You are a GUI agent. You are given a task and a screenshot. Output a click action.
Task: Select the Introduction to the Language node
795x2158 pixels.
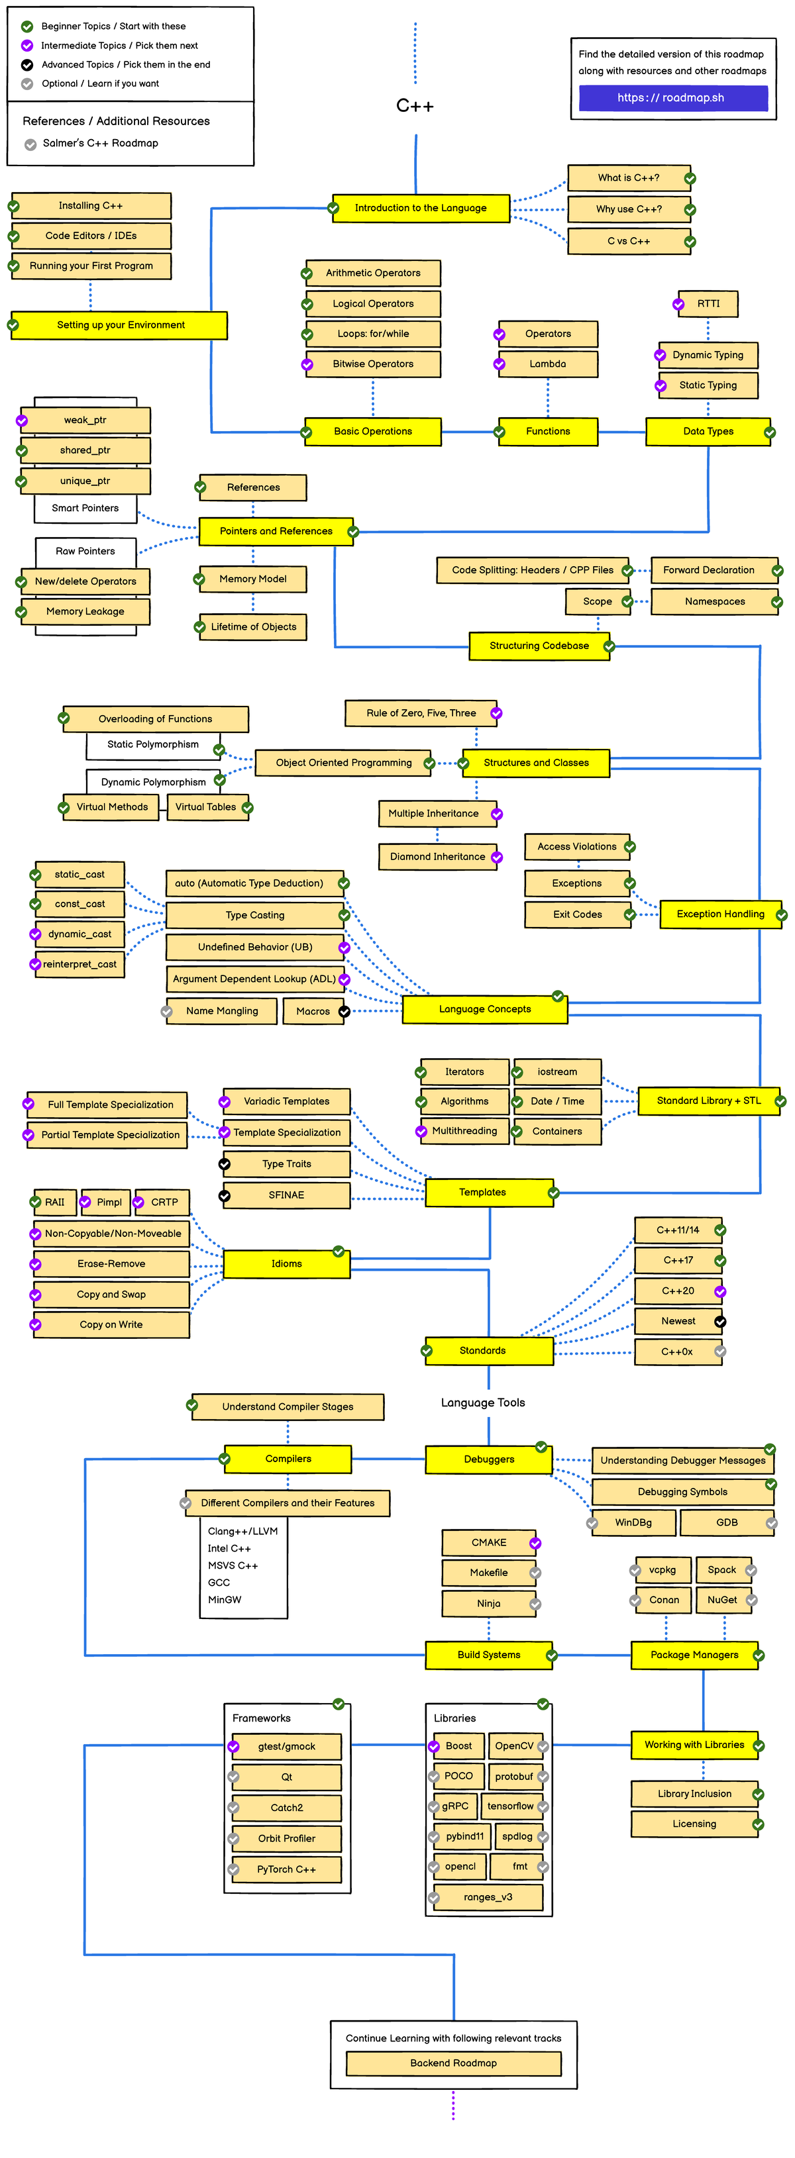click(x=421, y=208)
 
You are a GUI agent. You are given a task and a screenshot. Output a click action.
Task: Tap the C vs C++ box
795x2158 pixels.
click(x=629, y=241)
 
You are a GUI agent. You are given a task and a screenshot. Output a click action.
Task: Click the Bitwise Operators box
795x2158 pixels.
click(x=373, y=364)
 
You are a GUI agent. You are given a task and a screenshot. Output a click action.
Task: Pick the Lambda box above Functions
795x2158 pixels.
click(x=548, y=364)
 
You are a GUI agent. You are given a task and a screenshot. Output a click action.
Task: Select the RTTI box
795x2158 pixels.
click(x=708, y=304)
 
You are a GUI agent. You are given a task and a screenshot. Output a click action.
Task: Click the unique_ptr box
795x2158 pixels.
click(x=85, y=481)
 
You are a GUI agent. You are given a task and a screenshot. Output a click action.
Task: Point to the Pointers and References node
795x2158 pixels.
click(x=276, y=532)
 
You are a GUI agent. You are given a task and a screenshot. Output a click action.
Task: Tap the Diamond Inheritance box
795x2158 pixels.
click(x=437, y=857)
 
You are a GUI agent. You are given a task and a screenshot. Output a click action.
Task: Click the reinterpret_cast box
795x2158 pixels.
click(x=79, y=965)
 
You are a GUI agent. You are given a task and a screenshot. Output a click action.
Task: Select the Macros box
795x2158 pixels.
click(x=313, y=1012)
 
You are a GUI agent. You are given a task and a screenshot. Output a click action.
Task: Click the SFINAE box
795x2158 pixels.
click(x=286, y=1195)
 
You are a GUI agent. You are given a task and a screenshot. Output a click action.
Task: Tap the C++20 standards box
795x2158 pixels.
click(x=678, y=1292)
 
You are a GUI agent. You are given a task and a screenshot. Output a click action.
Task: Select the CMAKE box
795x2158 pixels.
click(x=488, y=1543)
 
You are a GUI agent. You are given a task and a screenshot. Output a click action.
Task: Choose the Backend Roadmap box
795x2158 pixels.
click(x=453, y=2063)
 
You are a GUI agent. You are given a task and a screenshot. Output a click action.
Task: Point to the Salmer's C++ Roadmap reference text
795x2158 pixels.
click(x=101, y=143)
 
